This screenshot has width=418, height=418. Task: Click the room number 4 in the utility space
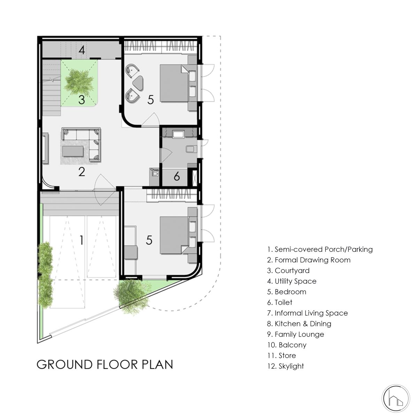82,50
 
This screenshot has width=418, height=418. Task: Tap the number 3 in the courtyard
82,100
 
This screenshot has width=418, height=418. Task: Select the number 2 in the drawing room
82,172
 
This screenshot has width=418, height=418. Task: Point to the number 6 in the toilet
177,176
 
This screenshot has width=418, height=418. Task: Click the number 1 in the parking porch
82,240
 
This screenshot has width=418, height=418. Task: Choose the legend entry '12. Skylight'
286,366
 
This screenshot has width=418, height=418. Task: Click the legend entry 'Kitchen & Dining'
303,324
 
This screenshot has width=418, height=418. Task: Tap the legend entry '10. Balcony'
287,345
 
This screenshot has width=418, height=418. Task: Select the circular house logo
396,398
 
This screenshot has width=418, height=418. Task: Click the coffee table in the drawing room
73,151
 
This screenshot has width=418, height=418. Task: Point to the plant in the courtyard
79,82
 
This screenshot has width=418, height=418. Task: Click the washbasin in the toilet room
178,134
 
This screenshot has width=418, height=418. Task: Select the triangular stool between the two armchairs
138,83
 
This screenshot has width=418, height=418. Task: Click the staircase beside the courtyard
52,87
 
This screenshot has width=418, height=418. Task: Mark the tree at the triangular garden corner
132,296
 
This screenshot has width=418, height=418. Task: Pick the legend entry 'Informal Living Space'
311,313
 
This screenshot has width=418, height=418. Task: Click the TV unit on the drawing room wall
45,148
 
